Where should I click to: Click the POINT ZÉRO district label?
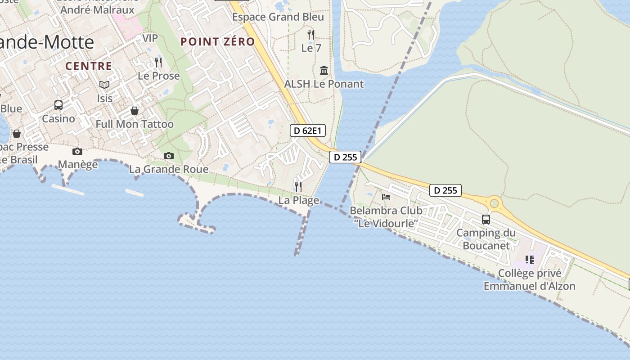(218, 42)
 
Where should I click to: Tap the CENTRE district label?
(89, 66)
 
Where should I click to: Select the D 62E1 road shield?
(307, 131)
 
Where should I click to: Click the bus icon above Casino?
(58, 105)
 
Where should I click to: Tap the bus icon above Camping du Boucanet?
(486, 220)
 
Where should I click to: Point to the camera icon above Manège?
(77, 151)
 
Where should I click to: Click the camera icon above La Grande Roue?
(169, 156)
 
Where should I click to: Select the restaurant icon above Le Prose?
(158, 62)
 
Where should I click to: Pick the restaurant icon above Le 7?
(311, 34)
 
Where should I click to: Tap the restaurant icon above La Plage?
(298, 186)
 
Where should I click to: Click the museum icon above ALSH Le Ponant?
(324, 70)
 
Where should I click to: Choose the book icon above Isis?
(104, 85)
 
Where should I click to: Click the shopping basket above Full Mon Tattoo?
(135, 111)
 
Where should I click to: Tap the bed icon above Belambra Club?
(386, 197)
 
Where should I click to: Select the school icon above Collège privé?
(530, 260)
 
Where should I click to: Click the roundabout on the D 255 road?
(495, 204)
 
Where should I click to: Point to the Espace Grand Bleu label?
(278, 17)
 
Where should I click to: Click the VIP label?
(150, 38)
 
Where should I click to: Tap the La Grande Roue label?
(169, 169)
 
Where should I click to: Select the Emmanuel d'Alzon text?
(530, 286)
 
